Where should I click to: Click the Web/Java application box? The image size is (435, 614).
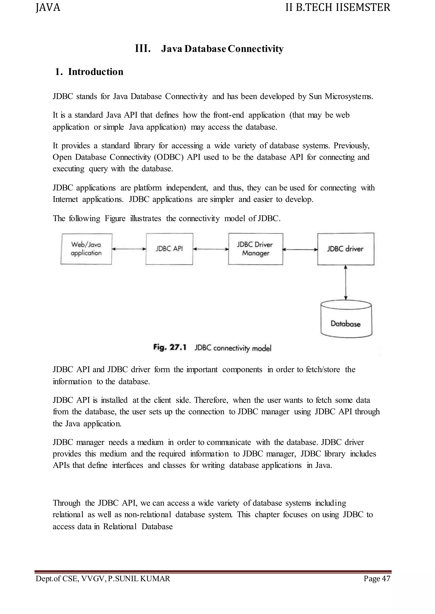tap(86, 249)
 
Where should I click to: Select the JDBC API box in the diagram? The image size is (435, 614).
tap(169, 249)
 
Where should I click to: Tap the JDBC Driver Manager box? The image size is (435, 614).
tap(256, 249)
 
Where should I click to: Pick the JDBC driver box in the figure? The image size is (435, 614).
tap(346, 249)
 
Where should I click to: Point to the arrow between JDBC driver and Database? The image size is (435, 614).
tap(346, 283)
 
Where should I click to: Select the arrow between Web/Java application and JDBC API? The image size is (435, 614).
tap(129, 249)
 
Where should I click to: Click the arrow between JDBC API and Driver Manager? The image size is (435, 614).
tap(211, 249)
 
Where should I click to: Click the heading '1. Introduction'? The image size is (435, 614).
tap(89, 72)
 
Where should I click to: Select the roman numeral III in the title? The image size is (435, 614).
tap(143, 49)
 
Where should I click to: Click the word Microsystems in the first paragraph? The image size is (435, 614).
tap(349, 96)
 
